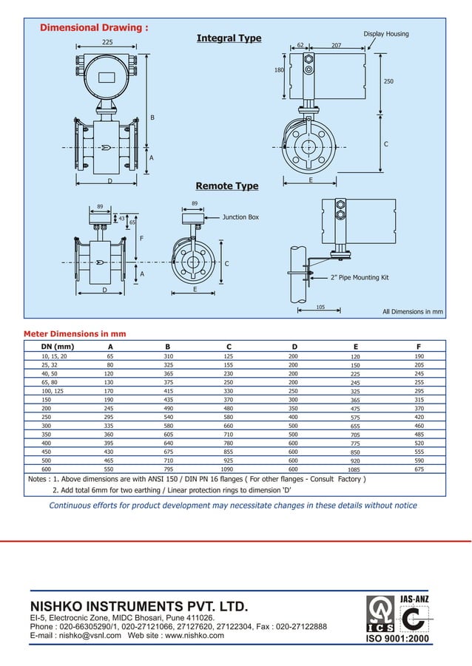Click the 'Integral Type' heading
point(229,38)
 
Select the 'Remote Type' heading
point(226,186)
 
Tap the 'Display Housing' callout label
point(385,34)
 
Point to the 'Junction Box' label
point(240,218)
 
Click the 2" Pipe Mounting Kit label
point(360,278)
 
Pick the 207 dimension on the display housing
point(336,45)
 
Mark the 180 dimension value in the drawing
point(279,70)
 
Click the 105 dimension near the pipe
point(320,306)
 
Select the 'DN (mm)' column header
point(57,346)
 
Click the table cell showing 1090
point(228,469)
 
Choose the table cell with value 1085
point(354,469)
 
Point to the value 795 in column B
point(168,469)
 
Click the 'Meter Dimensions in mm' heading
point(75,333)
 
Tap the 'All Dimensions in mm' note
point(412,312)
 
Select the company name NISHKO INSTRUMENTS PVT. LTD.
point(138,606)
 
